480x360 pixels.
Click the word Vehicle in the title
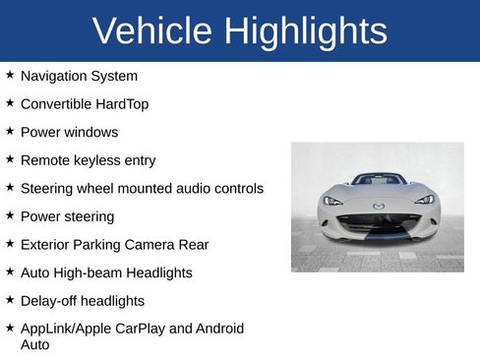point(153,31)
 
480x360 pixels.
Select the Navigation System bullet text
point(79,76)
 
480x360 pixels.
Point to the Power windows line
point(69,132)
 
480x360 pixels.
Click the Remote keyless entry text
point(88,160)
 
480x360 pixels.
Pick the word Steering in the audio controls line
point(47,188)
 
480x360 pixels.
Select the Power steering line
point(67,216)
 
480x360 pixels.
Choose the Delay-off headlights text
point(82,301)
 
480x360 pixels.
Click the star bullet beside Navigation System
point(10,75)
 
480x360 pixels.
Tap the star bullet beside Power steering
point(10,215)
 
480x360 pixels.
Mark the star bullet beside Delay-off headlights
point(10,300)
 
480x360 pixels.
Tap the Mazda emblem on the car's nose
point(379,206)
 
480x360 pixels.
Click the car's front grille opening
point(379,221)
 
